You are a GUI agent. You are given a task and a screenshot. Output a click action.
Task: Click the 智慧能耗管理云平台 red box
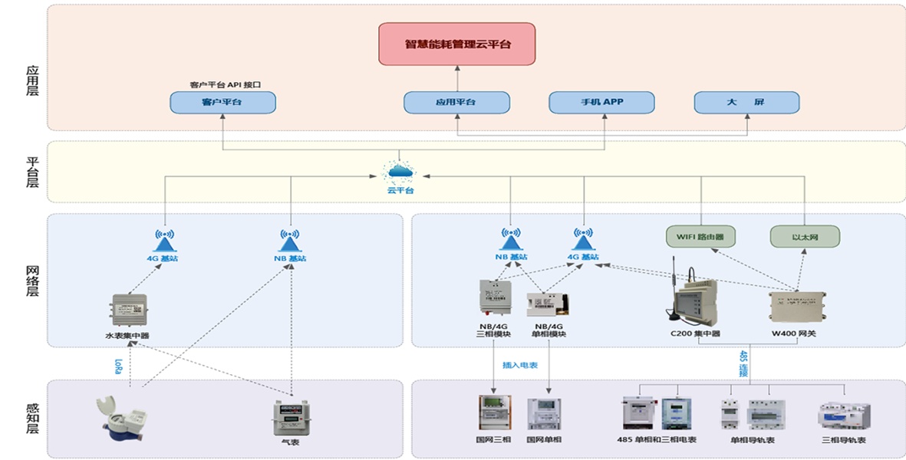coord(457,44)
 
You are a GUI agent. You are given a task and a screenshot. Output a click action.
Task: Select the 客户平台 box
coord(222,102)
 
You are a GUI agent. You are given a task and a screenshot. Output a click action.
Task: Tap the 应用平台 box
coord(456,102)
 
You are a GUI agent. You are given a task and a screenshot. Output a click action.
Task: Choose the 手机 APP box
coord(601,102)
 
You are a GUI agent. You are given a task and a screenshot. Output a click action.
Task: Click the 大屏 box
coord(746,102)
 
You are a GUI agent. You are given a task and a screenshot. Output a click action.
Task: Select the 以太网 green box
coord(805,236)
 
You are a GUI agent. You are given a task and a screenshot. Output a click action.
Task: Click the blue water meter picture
coord(117,419)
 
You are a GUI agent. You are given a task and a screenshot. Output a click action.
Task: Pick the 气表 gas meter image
coord(289,419)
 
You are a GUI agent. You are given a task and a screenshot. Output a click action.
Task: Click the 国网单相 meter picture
coord(544,414)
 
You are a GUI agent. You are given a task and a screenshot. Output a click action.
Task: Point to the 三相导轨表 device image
coord(843,415)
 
